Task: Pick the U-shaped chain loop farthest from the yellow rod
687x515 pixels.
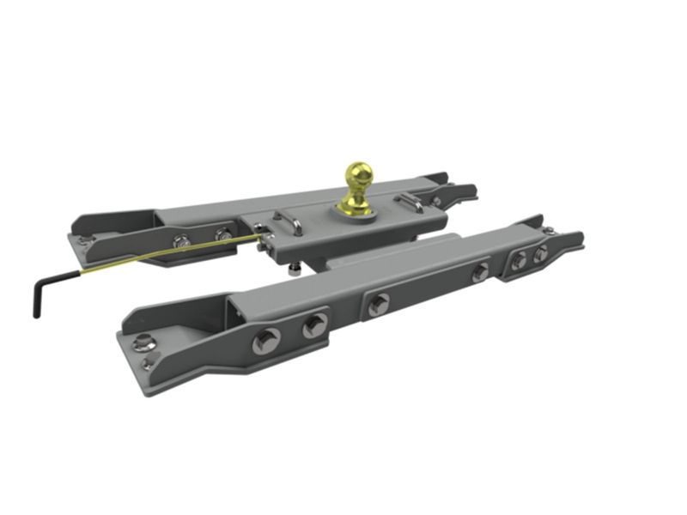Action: pyautogui.click(x=410, y=203)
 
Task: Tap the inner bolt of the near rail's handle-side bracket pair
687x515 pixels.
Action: pyautogui.click(x=313, y=325)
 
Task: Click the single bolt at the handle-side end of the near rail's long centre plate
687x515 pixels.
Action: pyautogui.click(x=378, y=303)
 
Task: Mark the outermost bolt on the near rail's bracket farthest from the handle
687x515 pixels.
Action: pyautogui.click(x=540, y=254)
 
